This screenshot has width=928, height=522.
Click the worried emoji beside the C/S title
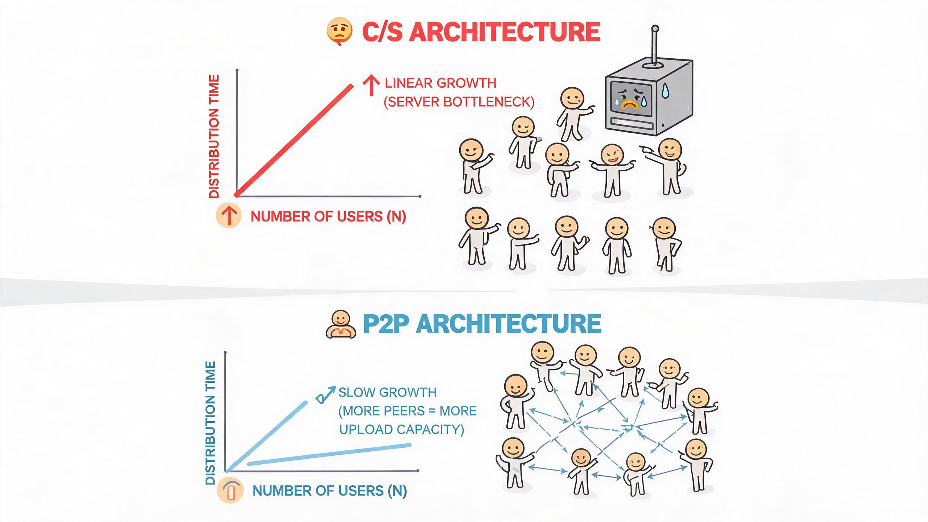click(339, 32)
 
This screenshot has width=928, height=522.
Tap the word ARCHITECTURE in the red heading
click(506, 32)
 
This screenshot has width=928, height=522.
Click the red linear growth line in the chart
click(294, 140)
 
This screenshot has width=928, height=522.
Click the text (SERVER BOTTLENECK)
click(459, 102)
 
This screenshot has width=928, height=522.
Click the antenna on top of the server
click(655, 47)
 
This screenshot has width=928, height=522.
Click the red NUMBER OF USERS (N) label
click(328, 216)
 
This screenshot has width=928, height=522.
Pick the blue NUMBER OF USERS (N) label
click(330, 491)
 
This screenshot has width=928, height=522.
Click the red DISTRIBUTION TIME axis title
click(215, 136)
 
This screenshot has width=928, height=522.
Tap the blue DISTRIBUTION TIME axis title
click(211, 423)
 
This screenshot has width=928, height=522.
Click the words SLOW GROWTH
click(388, 392)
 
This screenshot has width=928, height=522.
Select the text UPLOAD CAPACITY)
click(402, 430)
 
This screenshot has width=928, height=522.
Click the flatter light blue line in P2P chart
click(329, 454)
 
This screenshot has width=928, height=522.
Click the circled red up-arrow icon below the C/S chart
click(229, 216)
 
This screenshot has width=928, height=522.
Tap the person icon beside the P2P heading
click(341, 324)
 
